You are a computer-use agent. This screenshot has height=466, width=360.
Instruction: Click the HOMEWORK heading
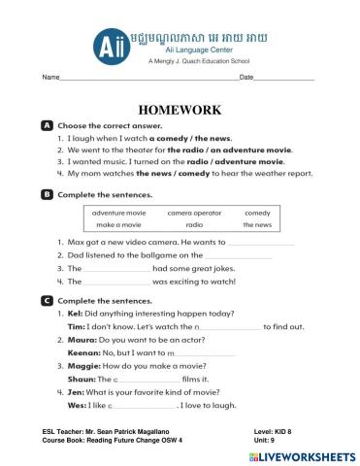pos(180,110)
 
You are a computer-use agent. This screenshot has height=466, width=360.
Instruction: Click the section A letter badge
pos(47,126)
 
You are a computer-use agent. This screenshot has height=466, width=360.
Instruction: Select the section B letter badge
pos(47,194)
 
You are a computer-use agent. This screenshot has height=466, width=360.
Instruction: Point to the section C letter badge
pos(47,301)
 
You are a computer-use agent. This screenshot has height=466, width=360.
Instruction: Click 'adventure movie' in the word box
pos(119,212)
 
